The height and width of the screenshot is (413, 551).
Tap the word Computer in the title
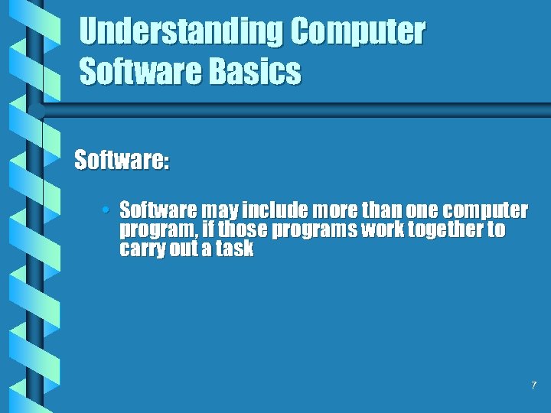point(358,32)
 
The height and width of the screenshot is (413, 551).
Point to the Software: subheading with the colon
point(122,161)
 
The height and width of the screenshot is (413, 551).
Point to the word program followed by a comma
point(158,230)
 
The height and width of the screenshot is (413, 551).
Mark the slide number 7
point(533,385)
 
